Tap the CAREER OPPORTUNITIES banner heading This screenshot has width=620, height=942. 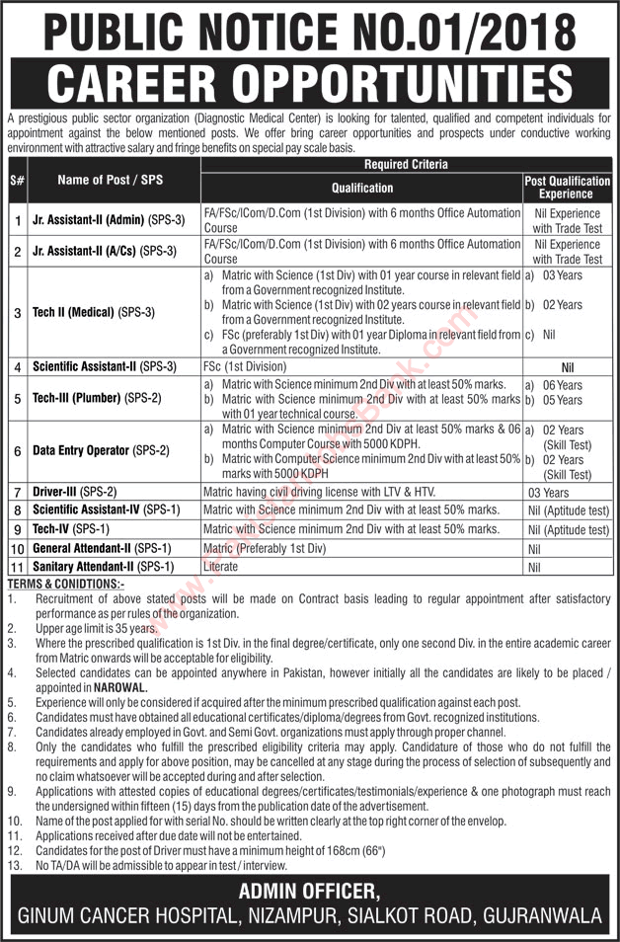[x=310, y=82]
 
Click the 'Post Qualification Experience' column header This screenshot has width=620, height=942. [x=566, y=188]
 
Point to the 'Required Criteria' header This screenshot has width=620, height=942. [x=405, y=165]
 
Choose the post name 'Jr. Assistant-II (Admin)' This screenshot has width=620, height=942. [x=99, y=219]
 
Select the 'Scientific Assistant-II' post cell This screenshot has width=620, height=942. [x=104, y=366]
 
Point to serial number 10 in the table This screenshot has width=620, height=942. [x=17, y=548]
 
